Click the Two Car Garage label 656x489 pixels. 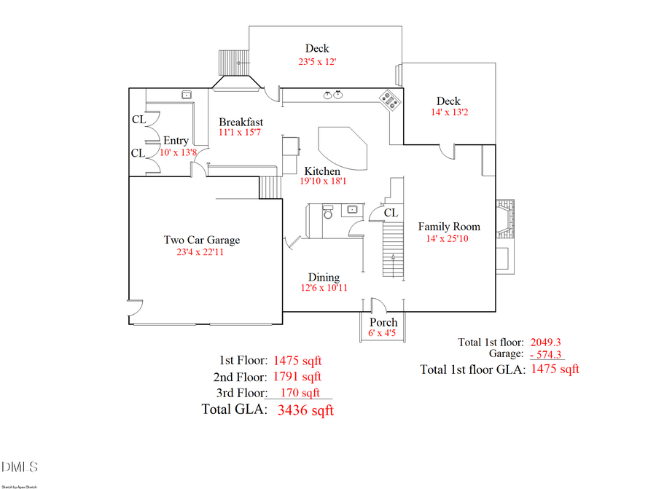[201, 240]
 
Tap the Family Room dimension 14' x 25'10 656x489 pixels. [448, 238]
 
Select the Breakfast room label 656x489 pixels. [241, 122]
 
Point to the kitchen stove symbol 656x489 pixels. [389, 100]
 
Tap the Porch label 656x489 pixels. [383, 322]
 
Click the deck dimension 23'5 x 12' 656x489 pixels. [317, 62]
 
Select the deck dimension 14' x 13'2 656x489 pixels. [448, 113]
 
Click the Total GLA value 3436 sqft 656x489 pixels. [305, 410]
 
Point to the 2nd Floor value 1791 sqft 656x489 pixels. [297, 377]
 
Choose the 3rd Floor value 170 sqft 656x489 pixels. [300, 393]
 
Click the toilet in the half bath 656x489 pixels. [327, 214]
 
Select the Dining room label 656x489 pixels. [324, 277]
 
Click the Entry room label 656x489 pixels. [176, 141]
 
